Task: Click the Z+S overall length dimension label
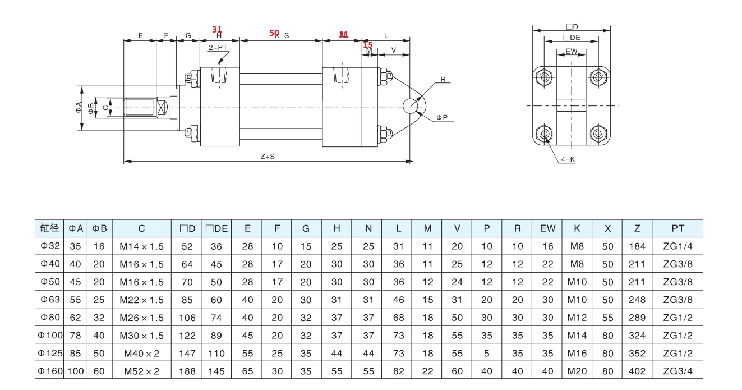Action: (x=268, y=157)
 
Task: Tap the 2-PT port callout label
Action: (x=218, y=47)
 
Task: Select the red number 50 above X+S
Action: (x=274, y=33)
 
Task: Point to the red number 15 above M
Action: (x=368, y=44)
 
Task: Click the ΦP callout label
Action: (x=442, y=117)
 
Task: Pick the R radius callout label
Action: (x=443, y=80)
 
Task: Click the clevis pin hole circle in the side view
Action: (x=411, y=106)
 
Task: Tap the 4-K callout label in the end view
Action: (x=568, y=160)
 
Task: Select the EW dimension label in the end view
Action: (x=572, y=52)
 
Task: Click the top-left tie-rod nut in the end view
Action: (x=544, y=77)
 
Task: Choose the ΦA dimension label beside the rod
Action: (x=79, y=107)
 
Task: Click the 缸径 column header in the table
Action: (x=50, y=228)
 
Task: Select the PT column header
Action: (x=678, y=228)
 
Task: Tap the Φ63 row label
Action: (x=50, y=300)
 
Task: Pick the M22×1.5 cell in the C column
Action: (x=142, y=300)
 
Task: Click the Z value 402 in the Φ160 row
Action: (x=637, y=371)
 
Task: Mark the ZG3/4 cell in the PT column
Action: (x=678, y=371)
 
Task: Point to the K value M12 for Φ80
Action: (x=577, y=318)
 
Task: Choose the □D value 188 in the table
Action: (x=187, y=371)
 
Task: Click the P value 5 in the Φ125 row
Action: (x=487, y=353)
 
